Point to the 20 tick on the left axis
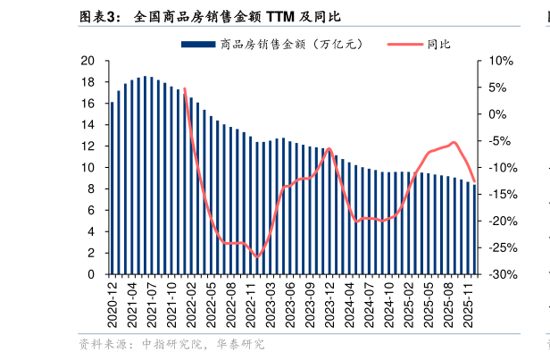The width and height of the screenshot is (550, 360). click(x=87, y=61)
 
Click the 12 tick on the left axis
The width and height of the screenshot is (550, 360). click(x=87, y=147)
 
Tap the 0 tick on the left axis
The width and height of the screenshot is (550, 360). click(x=91, y=275)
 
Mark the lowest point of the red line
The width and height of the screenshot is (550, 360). click(x=257, y=257)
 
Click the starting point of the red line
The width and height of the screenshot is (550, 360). click(x=185, y=88)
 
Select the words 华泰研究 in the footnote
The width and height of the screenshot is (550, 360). click(x=240, y=344)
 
